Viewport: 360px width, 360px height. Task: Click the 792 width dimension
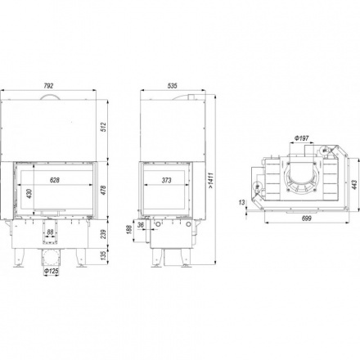pos(48,86)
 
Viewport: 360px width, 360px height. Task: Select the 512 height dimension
pos(103,128)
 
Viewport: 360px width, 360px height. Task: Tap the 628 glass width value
pos(55,180)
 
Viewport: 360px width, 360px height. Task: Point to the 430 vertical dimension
pos(29,193)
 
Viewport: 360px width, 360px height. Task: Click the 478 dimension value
pos(103,190)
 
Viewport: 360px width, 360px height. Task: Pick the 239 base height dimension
pos(103,234)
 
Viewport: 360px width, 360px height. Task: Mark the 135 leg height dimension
pos(103,256)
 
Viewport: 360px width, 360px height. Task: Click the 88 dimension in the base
pos(50,232)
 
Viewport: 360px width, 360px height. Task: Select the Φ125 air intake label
pos(52,272)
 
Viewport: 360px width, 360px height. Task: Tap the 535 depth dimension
pos(173,86)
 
